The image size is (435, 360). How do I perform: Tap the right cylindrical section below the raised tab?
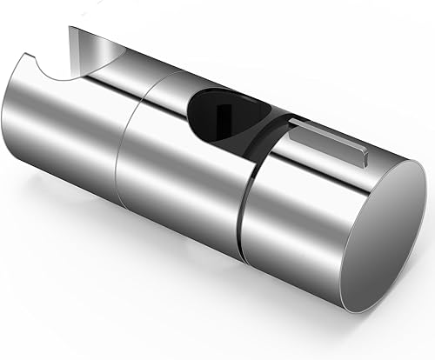point(278,226)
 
